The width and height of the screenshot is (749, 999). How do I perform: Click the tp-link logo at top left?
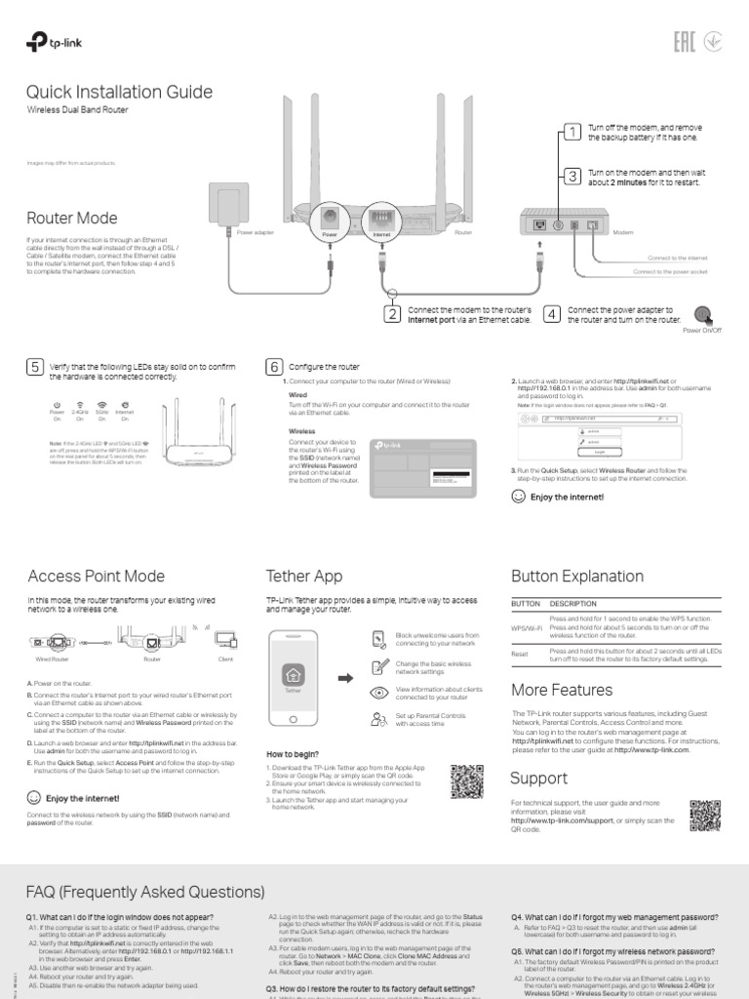pyautogui.click(x=49, y=41)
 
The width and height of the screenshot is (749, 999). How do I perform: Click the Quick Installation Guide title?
pyautogui.click(x=118, y=92)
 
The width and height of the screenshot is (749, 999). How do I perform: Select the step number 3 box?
pyautogui.click(x=572, y=176)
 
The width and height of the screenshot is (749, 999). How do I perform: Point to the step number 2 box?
pyautogui.click(x=391, y=314)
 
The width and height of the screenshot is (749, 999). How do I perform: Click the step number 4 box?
pyautogui.click(x=551, y=314)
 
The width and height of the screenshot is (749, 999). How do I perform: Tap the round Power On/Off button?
pyautogui.click(x=702, y=314)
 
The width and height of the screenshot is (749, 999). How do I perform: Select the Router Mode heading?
pyautogui.click(x=72, y=218)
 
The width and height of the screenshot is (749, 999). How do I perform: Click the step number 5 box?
pyautogui.click(x=35, y=367)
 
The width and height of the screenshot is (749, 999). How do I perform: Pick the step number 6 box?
pyautogui.click(x=274, y=367)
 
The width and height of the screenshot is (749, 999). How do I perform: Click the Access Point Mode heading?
pyautogui.click(x=96, y=576)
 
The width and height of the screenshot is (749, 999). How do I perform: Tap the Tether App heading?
pyautogui.click(x=304, y=576)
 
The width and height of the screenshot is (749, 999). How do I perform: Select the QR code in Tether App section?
pyautogui.click(x=466, y=779)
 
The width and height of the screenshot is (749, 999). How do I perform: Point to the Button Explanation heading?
pyautogui.click(x=577, y=576)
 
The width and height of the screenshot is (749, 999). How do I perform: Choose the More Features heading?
pyautogui.click(x=562, y=690)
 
